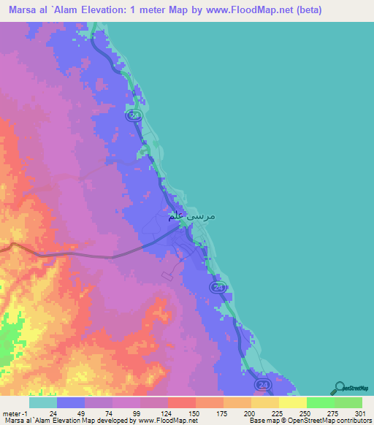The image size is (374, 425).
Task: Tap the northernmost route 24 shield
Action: coord(133,116)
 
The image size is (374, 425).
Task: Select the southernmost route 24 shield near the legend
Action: coord(262,384)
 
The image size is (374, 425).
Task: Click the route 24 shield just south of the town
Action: coord(218,288)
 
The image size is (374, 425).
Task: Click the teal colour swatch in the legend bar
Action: coord(42,402)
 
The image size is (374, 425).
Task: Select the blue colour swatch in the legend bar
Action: coord(71,402)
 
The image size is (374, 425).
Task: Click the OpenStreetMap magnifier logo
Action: coord(340,388)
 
